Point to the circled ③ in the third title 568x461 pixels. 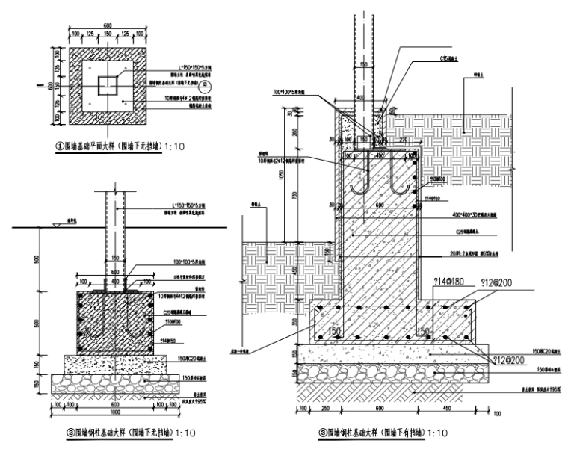[x=323, y=432]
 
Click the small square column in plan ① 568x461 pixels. [x=107, y=84]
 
